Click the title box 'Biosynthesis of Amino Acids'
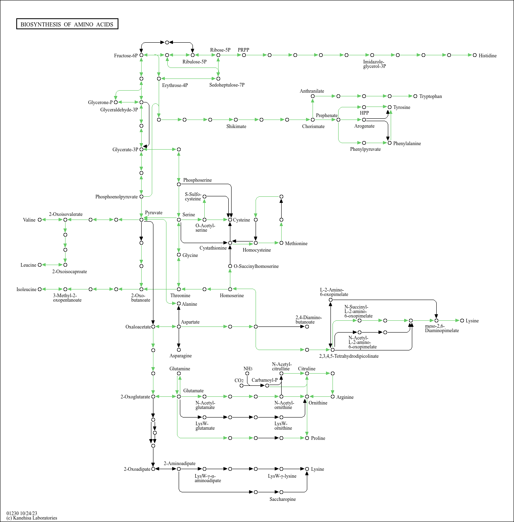(x=67, y=24)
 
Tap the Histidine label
(x=487, y=56)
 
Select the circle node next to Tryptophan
(x=415, y=96)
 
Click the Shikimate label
(x=236, y=126)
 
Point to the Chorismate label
(x=313, y=126)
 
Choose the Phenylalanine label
(x=407, y=144)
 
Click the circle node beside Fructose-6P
(x=141, y=55)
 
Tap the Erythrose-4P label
(x=175, y=85)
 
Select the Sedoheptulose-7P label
(x=227, y=85)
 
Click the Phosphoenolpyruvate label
(x=116, y=197)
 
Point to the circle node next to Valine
(x=39, y=220)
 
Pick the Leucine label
(x=28, y=265)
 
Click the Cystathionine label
(x=213, y=248)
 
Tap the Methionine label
(x=296, y=244)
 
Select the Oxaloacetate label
(x=138, y=327)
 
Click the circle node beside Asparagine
(x=179, y=350)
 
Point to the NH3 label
(x=248, y=369)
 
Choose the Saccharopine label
(x=282, y=499)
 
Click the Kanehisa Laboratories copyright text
(x=32, y=518)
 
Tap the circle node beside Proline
(x=307, y=438)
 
